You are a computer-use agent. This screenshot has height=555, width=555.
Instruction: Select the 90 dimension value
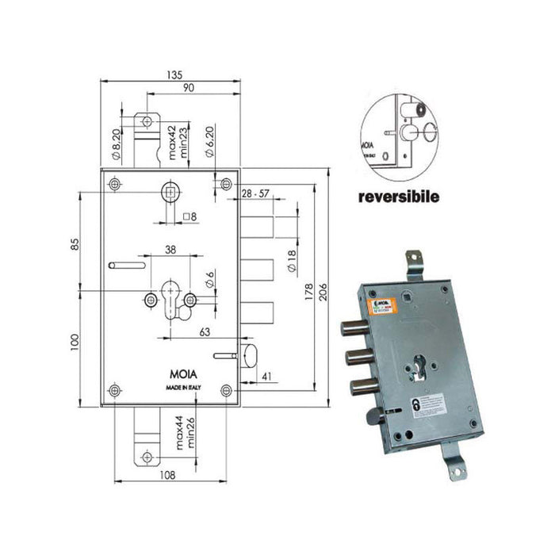click(x=189, y=87)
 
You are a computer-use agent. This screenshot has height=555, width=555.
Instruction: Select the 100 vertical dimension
click(x=75, y=342)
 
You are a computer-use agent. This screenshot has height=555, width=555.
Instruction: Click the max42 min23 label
click(x=174, y=138)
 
